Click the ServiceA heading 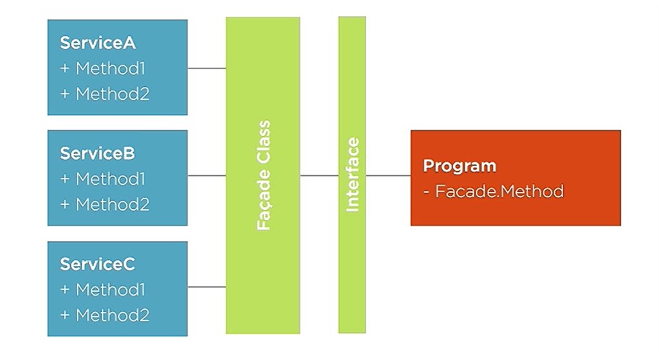pyautogui.click(x=97, y=43)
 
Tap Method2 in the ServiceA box pyautogui.click(x=112, y=94)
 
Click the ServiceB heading pyautogui.click(x=97, y=154)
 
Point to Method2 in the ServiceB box pyautogui.click(x=112, y=205)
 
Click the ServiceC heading pyautogui.click(x=97, y=265)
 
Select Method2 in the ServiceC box pyautogui.click(x=112, y=316)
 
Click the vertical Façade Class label pyautogui.click(x=263, y=175)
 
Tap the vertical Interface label pyautogui.click(x=352, y=175)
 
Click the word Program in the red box pyautogui.click(x=459, y=166)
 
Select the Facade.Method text pyautogui.click(x=499, y=191)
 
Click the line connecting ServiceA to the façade pyautogui.click(x=207, y=68)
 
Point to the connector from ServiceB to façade pyautogui.click(x=207, y=175)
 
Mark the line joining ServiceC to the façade pyautogui.click(x=207, y=287)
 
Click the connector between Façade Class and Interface pyautogui.click(x=319, y=175)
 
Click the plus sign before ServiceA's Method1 pyautogui.click(x=65, y=68)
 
